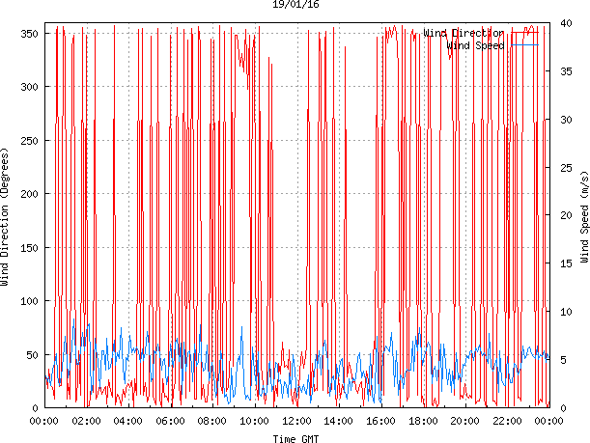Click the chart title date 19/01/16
click(x=295, y=5)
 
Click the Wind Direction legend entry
click(x=464, y=33)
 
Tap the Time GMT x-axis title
click(x=295, y=438)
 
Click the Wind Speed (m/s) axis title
click(x=584, y=218)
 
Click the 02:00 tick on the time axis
click(x=86, y=421)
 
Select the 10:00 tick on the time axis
click(x=254, y=421)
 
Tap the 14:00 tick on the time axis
click(x=338, y=421)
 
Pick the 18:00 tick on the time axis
click(x=422, y=421)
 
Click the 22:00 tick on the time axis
click(x=506, y=421)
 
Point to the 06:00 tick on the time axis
click(x=170, y=421)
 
